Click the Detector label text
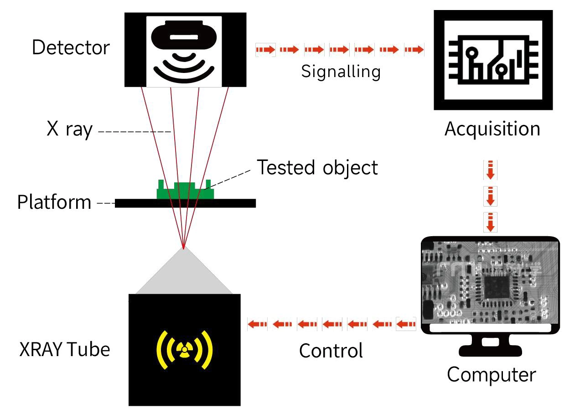pos(71,48)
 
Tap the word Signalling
pos(341,72)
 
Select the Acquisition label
pos(492,129)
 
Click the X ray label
pos(70,130)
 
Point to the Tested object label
pos(317,168)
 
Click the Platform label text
pos(54,202)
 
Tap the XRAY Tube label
pos(65,350)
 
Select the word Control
pos(331,351)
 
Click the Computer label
pos(491,375)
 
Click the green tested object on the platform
pos(185,191)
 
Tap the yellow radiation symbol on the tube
pos(184,350)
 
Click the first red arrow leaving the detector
pos(265,49)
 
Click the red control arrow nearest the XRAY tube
pos(257,324)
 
